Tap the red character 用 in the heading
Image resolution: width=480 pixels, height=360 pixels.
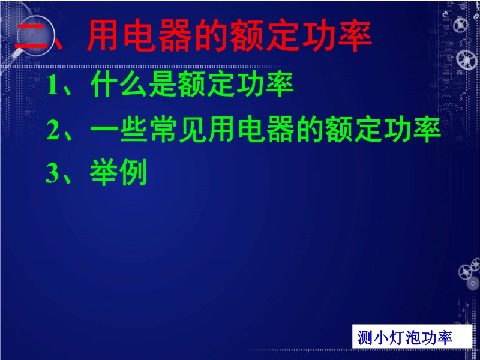tap(103, 36)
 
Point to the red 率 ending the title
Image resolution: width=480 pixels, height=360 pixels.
tap(355, 36)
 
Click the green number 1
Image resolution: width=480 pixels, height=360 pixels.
tap(52, 85)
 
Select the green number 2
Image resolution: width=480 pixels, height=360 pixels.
tap(53, 130)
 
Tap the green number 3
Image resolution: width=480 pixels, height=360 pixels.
tap(52, 173)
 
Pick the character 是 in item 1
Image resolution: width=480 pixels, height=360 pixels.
tap(163, 85)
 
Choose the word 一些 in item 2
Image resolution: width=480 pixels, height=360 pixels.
tap(119, 130)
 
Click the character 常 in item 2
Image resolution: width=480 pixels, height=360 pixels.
tap(163, 130)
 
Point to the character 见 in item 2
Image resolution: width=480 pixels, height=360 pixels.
tap(193, 130)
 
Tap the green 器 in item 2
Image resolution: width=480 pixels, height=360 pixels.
tap(281, 130)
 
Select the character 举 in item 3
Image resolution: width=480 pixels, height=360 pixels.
tap(104, 172)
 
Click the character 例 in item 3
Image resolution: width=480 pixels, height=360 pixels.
tap(133, 172)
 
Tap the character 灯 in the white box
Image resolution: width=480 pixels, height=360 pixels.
tap(389, 338)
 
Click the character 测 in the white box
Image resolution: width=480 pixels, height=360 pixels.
tap(365, 338)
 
